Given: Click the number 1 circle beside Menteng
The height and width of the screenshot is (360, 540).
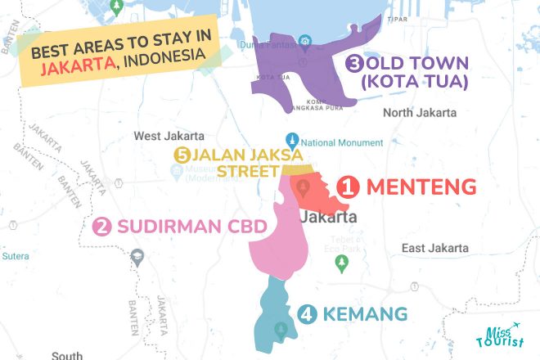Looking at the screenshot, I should pos(349,188).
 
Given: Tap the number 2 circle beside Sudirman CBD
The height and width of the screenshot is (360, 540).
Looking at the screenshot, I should pos(102,227).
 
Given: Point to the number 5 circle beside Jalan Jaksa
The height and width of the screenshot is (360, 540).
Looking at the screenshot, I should pos(182,155).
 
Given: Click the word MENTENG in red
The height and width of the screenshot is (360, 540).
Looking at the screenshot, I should pos(421,188).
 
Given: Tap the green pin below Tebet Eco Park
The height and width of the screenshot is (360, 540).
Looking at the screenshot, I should pos(342,263).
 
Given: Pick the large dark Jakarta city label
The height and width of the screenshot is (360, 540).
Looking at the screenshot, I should pos(329,218).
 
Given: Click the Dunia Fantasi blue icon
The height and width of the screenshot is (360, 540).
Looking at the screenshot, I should pos(304,42).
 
